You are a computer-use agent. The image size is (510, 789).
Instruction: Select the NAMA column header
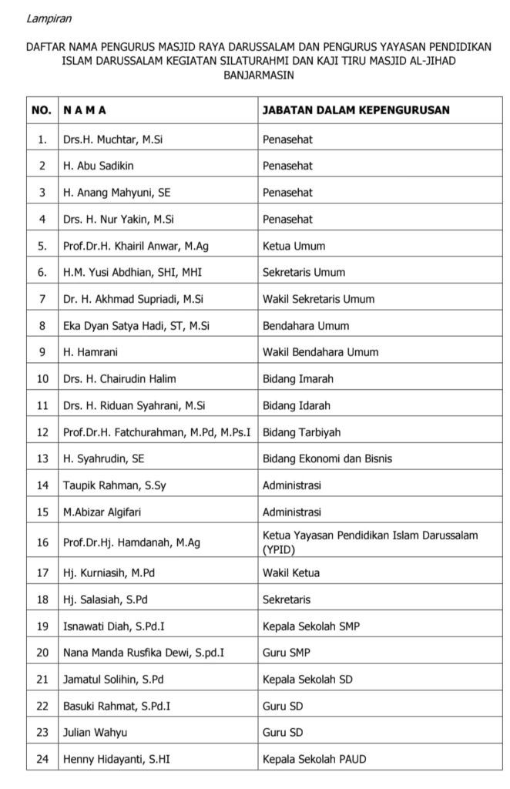click(x=85, y=110)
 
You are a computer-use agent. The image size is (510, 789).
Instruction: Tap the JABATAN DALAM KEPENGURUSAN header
click(x=356, y=110)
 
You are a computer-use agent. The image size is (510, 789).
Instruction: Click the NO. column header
click(x=42, y=110)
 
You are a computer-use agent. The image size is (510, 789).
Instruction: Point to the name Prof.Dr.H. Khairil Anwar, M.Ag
click(x=136, y=246)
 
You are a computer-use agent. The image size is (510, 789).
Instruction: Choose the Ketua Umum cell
click(x=294, y=246)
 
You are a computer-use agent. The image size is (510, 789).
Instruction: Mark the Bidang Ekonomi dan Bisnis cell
click(x=327, y=458)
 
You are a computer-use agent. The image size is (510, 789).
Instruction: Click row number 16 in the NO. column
click(x=42, y=542)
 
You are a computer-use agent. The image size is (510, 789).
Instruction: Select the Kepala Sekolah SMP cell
click(x=310, y=626)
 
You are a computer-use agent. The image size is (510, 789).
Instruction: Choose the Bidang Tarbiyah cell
click(x=302, y=432)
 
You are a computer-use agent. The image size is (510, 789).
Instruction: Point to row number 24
click(x=42, y=759)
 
